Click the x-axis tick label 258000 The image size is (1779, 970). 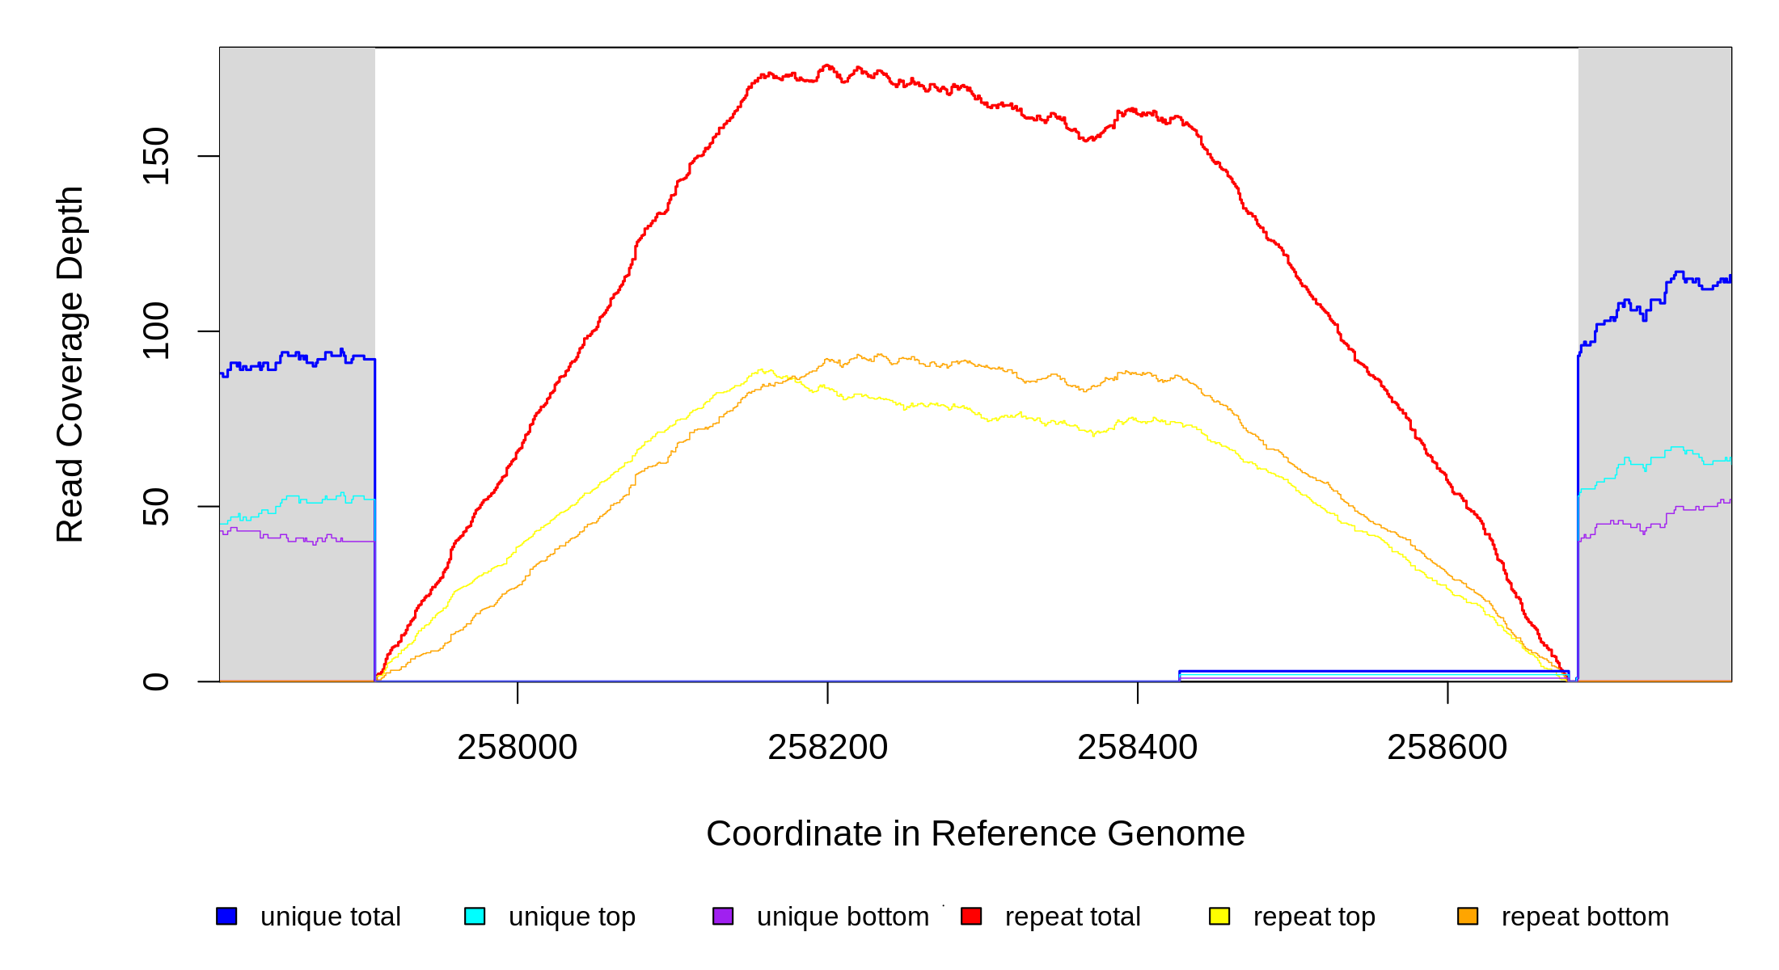tap(518, 748)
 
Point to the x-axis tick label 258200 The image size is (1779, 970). tap(827, 748)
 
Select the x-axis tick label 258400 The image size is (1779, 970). tap(1137, 748)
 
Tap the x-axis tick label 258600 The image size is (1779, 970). tap(1447, 748)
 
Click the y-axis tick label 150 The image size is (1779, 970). tap(155, 156)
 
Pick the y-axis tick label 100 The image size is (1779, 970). tap(155, 331)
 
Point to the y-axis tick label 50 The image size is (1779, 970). tap(155, 507)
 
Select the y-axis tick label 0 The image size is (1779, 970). tap(155, 681)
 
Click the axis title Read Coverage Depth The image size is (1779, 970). tap(70, 365)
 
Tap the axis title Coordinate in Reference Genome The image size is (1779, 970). tap(975, 833)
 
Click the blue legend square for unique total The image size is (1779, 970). tap(226, 916)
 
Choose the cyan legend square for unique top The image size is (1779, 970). tap(475, 916)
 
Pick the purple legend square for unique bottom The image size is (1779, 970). tap(723, 916)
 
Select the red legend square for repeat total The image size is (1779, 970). tap(971, 916)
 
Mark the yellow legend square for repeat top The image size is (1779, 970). tap(1219, 916)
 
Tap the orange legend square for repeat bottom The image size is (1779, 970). tap(1468, 916)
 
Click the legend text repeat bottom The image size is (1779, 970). tap(1585, 917)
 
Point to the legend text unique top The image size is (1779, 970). tap(572, 917)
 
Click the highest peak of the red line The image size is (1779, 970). tap(826, 65)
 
